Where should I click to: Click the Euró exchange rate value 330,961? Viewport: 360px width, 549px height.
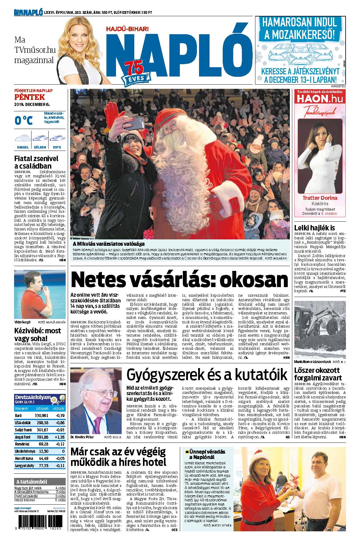pyautogui.click(x=41, y=415)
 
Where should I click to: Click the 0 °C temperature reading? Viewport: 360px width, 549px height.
pyautogui.click(x=24, y=120)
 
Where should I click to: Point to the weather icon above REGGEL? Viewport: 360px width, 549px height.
pyautogui.click(x=23, y=138)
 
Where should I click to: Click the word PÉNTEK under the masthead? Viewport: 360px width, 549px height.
pyautogui.click(x=29, y=97)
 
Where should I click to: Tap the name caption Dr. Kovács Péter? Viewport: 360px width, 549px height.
pyautogui.click(x=82, y=437)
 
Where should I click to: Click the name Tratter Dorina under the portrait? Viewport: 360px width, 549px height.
pyautogui.click(x=320, y=198)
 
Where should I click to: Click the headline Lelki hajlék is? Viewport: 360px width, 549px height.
pyautogui.click(x=314, y=227)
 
